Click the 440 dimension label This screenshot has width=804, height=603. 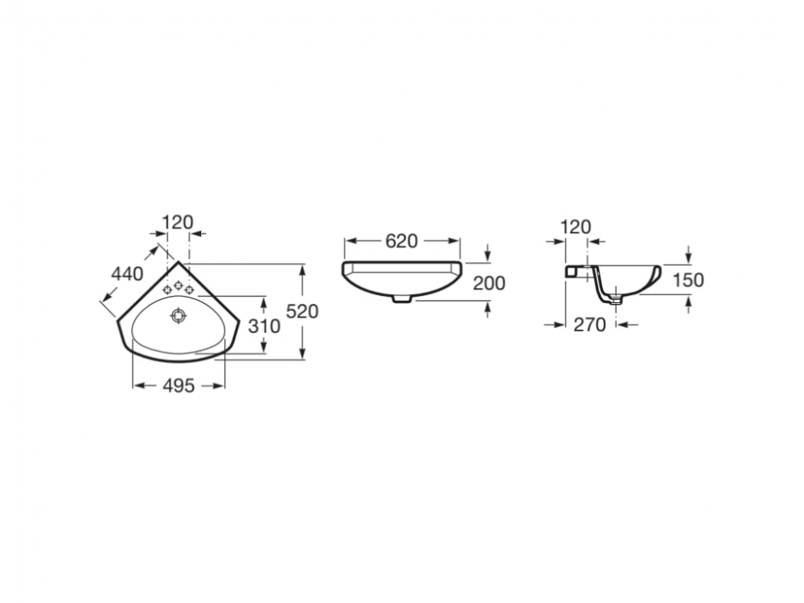pos(127,274)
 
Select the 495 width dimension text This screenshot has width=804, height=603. pos(179,386)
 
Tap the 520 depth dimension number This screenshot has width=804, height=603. pos(302,311)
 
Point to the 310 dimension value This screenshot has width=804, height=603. pos(264,326)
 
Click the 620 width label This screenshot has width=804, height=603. pos(402,241)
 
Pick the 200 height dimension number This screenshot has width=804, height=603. pos(489,283)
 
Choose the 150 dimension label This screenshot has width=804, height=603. pos(688,280)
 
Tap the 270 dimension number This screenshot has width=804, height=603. pos(589,325)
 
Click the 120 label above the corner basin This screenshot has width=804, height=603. pos(178,223)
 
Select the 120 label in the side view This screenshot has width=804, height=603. pos(576,227)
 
